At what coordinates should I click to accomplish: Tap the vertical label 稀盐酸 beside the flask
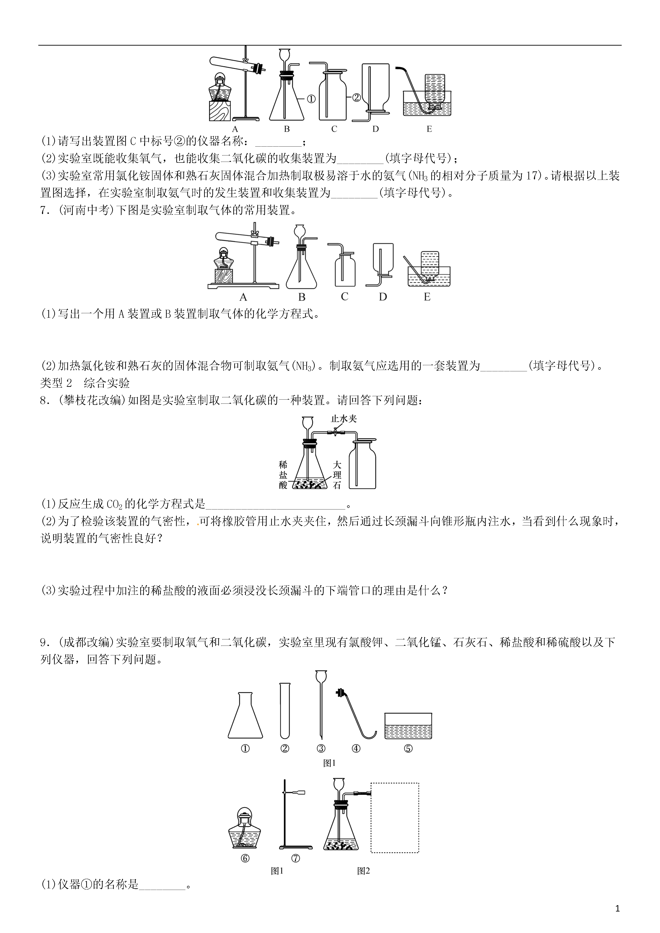(x=283, y=475)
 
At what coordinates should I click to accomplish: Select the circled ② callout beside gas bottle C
(x=356, y=98)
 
